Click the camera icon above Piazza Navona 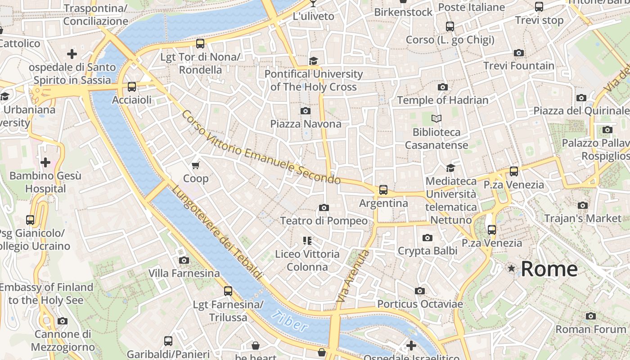tap(306, 111)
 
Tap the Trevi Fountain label tap(519, 66)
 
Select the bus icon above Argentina tap(383, 190)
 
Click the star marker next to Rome tap(511, 269)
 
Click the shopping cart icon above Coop tap(196, 166)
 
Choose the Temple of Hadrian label tap(442, 100)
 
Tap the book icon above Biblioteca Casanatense tap(436, 119)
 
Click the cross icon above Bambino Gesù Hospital tap(45, 162)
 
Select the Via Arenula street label tap(353, 275)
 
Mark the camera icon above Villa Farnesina tap(184, 260)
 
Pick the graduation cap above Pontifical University tap(313, 61)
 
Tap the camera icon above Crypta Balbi tap(427, 238)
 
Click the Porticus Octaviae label tap(420, 304)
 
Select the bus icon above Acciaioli tap(132, 87)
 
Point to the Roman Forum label tap(590, 329)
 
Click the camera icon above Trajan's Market tap(583, 206)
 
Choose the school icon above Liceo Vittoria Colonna tap(307, 241)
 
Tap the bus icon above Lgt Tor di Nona tap(200, 44)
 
